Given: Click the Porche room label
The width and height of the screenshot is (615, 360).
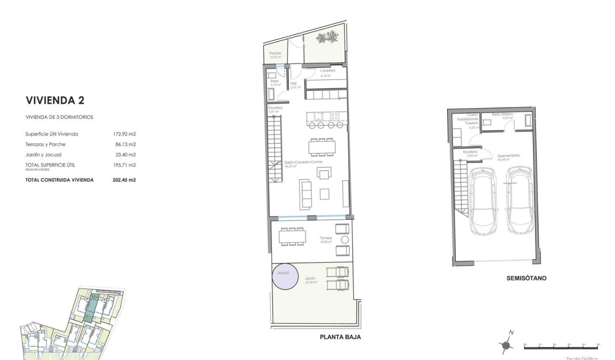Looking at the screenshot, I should tap(275, 53).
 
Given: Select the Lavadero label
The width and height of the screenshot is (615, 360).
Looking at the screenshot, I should tap(328, 71).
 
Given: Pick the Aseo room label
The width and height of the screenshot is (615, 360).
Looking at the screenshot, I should tap(274, 81).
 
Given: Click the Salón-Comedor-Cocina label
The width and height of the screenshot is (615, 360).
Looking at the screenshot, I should tap(303, 163).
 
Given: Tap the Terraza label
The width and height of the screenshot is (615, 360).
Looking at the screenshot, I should tap(326, 238).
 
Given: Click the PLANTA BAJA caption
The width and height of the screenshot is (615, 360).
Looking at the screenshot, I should tap(340, 337).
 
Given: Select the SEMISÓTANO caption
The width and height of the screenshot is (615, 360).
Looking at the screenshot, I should tap(526, 278).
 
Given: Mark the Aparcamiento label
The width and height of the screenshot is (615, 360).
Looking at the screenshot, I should tap(508, 156).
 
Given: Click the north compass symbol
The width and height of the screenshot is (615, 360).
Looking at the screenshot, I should tap(507, 344).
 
